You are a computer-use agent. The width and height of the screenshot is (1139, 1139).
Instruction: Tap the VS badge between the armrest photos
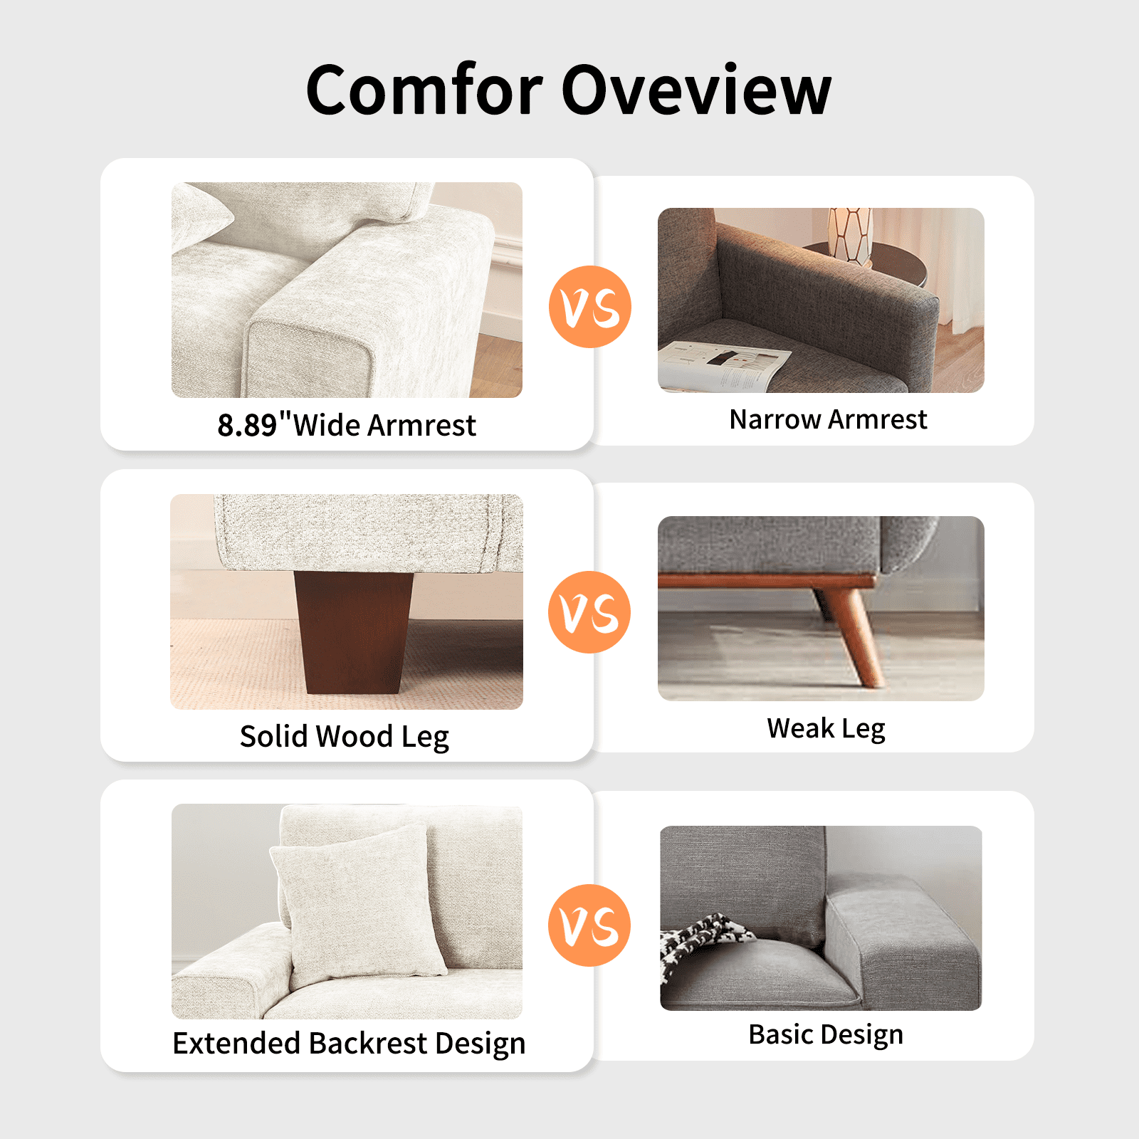click(590, 307)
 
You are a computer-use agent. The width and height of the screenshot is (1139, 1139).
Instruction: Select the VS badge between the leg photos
click(589, 612)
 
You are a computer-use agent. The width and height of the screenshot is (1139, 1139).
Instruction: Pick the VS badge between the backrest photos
click(589, 925)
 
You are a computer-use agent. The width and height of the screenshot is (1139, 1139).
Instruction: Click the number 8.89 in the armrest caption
click(247, 425)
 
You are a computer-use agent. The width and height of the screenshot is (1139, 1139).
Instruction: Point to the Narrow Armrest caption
click(829, 419)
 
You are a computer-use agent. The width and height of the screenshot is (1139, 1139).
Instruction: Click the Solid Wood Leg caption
click(345, 737)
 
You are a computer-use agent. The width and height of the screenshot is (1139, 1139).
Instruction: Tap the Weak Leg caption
click(826, 729)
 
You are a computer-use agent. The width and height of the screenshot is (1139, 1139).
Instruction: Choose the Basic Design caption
click(826, 1034)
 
